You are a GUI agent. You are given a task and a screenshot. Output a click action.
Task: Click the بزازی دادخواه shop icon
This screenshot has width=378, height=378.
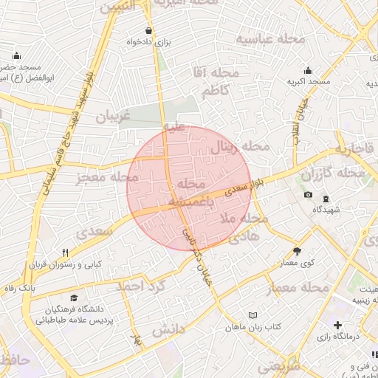point(150,31)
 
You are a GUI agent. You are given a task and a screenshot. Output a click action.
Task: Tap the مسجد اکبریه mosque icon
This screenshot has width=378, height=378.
point(308,71)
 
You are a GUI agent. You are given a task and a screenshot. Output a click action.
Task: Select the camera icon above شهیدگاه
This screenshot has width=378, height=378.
point(308,195)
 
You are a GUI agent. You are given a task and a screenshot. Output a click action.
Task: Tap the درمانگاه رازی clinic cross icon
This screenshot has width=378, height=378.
point(337,325)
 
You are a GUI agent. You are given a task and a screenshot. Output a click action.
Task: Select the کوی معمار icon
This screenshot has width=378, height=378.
point(297,251)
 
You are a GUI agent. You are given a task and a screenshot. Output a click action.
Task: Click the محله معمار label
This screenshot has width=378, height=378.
point(299,286)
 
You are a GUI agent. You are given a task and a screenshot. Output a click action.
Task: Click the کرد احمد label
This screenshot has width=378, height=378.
point(140,285)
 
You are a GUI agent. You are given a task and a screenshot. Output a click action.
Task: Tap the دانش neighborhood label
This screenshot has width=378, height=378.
point(168,330)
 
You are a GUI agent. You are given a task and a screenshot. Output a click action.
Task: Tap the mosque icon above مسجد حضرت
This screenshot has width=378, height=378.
point(17,56)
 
